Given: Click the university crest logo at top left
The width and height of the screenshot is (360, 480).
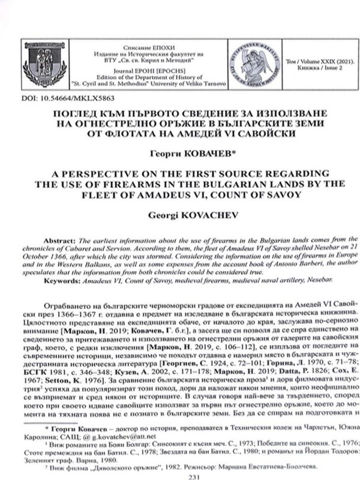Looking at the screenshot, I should pos(42,64).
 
